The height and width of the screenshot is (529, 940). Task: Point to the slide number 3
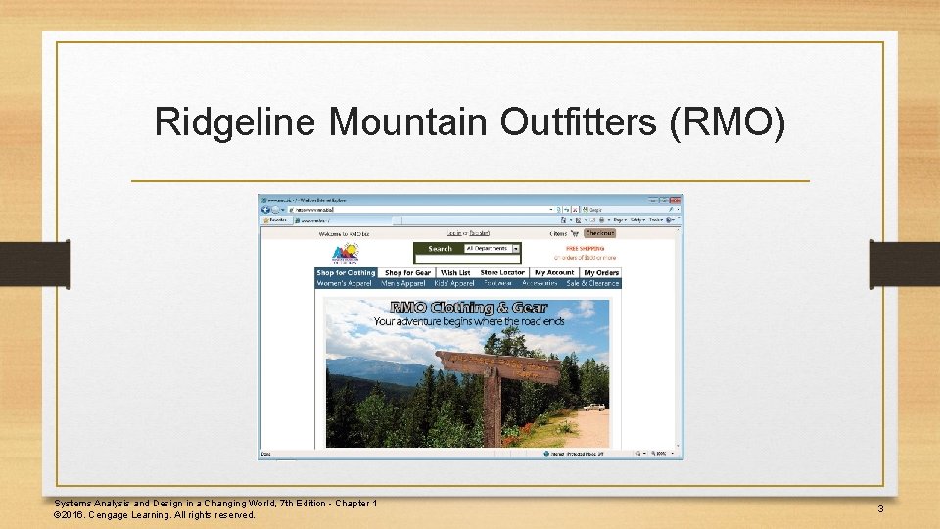880,508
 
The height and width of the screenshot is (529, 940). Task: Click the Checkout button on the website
599,234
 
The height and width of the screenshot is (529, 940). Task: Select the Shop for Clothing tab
346,272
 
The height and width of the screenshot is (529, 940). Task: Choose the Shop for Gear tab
407,272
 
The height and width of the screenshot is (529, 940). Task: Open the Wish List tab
455,272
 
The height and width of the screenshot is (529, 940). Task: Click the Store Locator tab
502,272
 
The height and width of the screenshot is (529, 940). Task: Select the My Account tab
554,272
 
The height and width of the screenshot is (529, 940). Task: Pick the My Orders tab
601,272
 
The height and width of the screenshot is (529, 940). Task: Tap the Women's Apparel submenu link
344,283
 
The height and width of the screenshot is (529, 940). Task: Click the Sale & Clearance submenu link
593,283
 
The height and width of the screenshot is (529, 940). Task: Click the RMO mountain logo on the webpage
345,252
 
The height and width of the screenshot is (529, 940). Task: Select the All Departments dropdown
493,248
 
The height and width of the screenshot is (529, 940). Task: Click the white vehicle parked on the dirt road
592,406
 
